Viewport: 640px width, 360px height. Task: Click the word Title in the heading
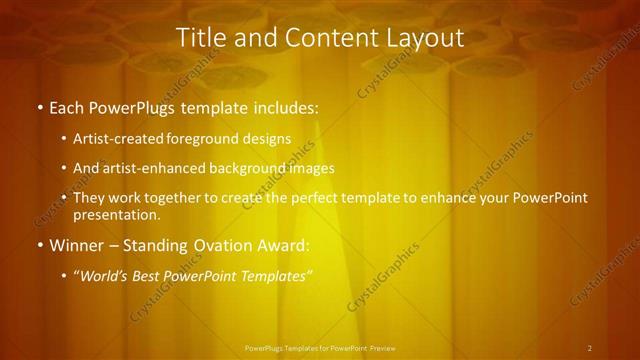pos(200,38)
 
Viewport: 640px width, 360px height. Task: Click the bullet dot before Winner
pos(39,245)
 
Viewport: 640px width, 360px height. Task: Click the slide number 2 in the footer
pos(590,348)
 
